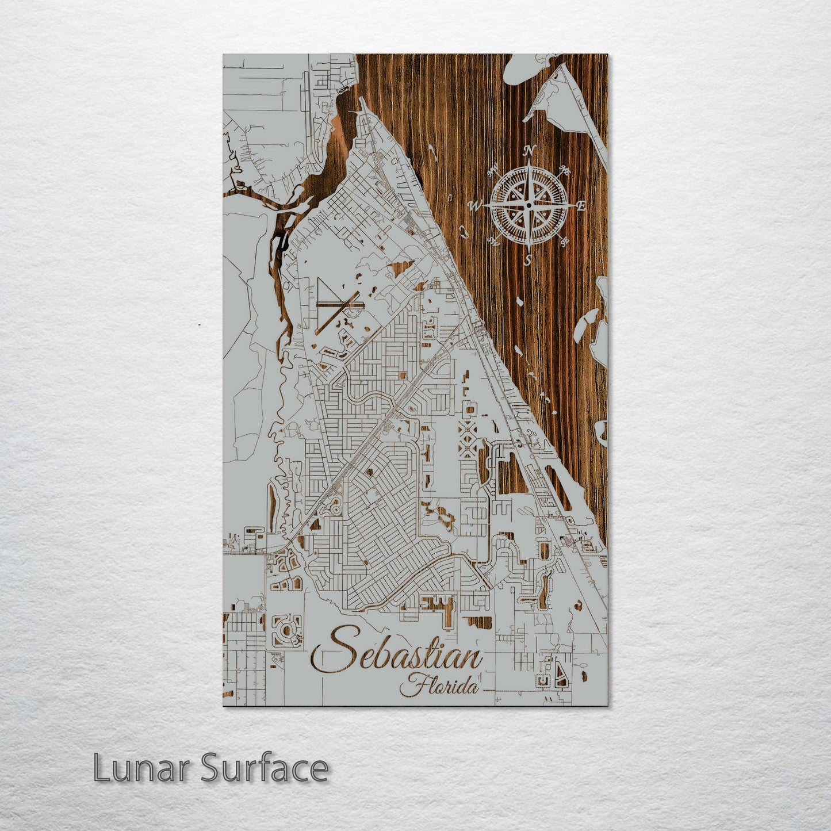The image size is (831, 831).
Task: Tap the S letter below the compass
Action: [x=528, y=261]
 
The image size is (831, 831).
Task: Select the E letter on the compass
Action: [x=581, y=207]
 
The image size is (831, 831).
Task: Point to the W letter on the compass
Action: [x=476, y=205]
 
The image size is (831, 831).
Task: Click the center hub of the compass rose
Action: [x=529, y=205]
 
